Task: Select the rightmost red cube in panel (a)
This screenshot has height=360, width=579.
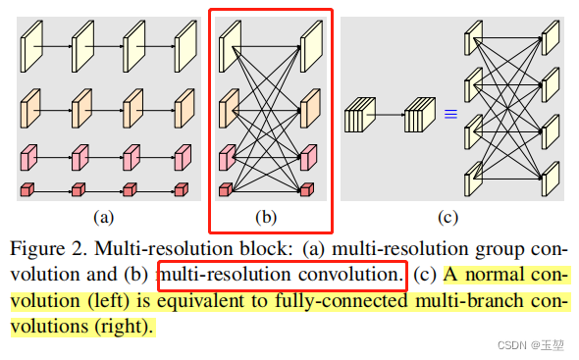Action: pos(183,186)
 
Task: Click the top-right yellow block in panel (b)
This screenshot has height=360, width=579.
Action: pos(311,45)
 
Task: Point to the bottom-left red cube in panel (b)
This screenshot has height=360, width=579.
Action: pos(227,186)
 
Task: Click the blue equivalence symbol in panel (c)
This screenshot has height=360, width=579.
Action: pos(450,115)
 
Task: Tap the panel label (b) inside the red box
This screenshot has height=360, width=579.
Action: pos(267,215)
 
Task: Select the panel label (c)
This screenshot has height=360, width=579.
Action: pos(447,215)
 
